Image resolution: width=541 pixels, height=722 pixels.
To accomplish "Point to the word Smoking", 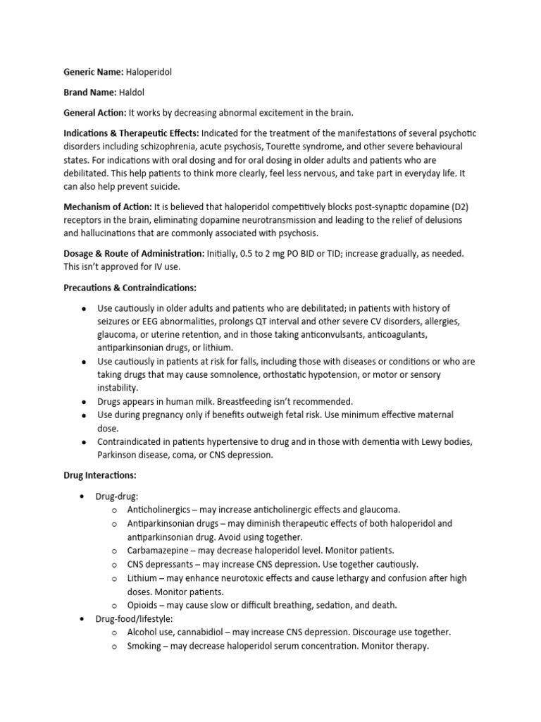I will click(145, 645).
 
